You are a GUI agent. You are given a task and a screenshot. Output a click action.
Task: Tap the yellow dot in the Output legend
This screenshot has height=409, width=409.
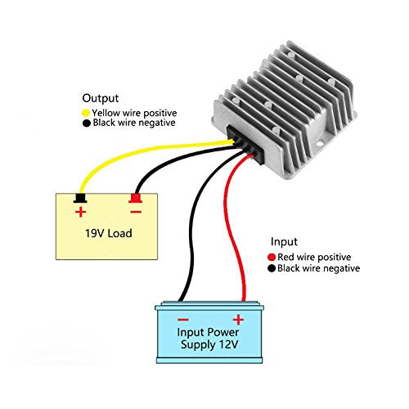click(86, 112)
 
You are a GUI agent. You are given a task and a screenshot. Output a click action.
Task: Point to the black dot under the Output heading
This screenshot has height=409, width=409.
click(86, 124)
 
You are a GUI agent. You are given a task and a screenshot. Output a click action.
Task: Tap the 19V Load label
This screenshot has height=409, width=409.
click(109, 233)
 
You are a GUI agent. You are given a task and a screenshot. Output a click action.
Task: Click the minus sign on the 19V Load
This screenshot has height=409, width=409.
click(135, 212)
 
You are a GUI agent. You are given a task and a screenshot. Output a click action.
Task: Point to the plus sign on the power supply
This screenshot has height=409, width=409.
click(238, 319)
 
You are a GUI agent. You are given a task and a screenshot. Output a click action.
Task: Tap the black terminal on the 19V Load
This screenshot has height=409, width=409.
click(80, 199)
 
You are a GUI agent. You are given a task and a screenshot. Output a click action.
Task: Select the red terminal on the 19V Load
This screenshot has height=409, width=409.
click(135, 199)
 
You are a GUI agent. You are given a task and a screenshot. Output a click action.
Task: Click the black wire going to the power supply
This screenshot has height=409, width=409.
click(190, 245)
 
